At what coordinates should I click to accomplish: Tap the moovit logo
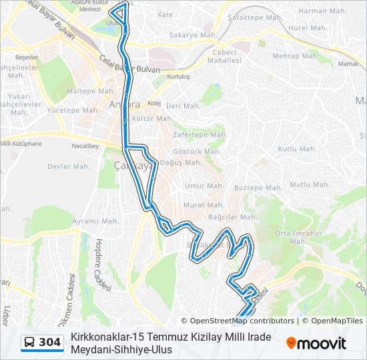click(x=316, y=343)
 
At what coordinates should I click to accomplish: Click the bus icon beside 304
click(x=30, y=343)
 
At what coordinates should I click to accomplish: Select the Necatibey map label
click(x=85, y=146)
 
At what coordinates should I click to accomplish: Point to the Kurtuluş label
click(x=178, y=77)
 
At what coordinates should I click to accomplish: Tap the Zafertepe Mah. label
click(x=196, y=134)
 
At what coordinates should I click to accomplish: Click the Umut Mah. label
click(x=204, y=186)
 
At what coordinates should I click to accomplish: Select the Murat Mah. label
click(x=204, y=205)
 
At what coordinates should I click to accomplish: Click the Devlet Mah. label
click(x=68, y=166)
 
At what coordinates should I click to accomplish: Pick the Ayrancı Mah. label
click(x=95, y=221)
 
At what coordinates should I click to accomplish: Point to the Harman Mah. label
click(x=317, y=11)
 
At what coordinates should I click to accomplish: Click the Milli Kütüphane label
click(x=21, y=143)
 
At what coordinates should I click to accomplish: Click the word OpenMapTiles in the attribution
click(x=336, y=321)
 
